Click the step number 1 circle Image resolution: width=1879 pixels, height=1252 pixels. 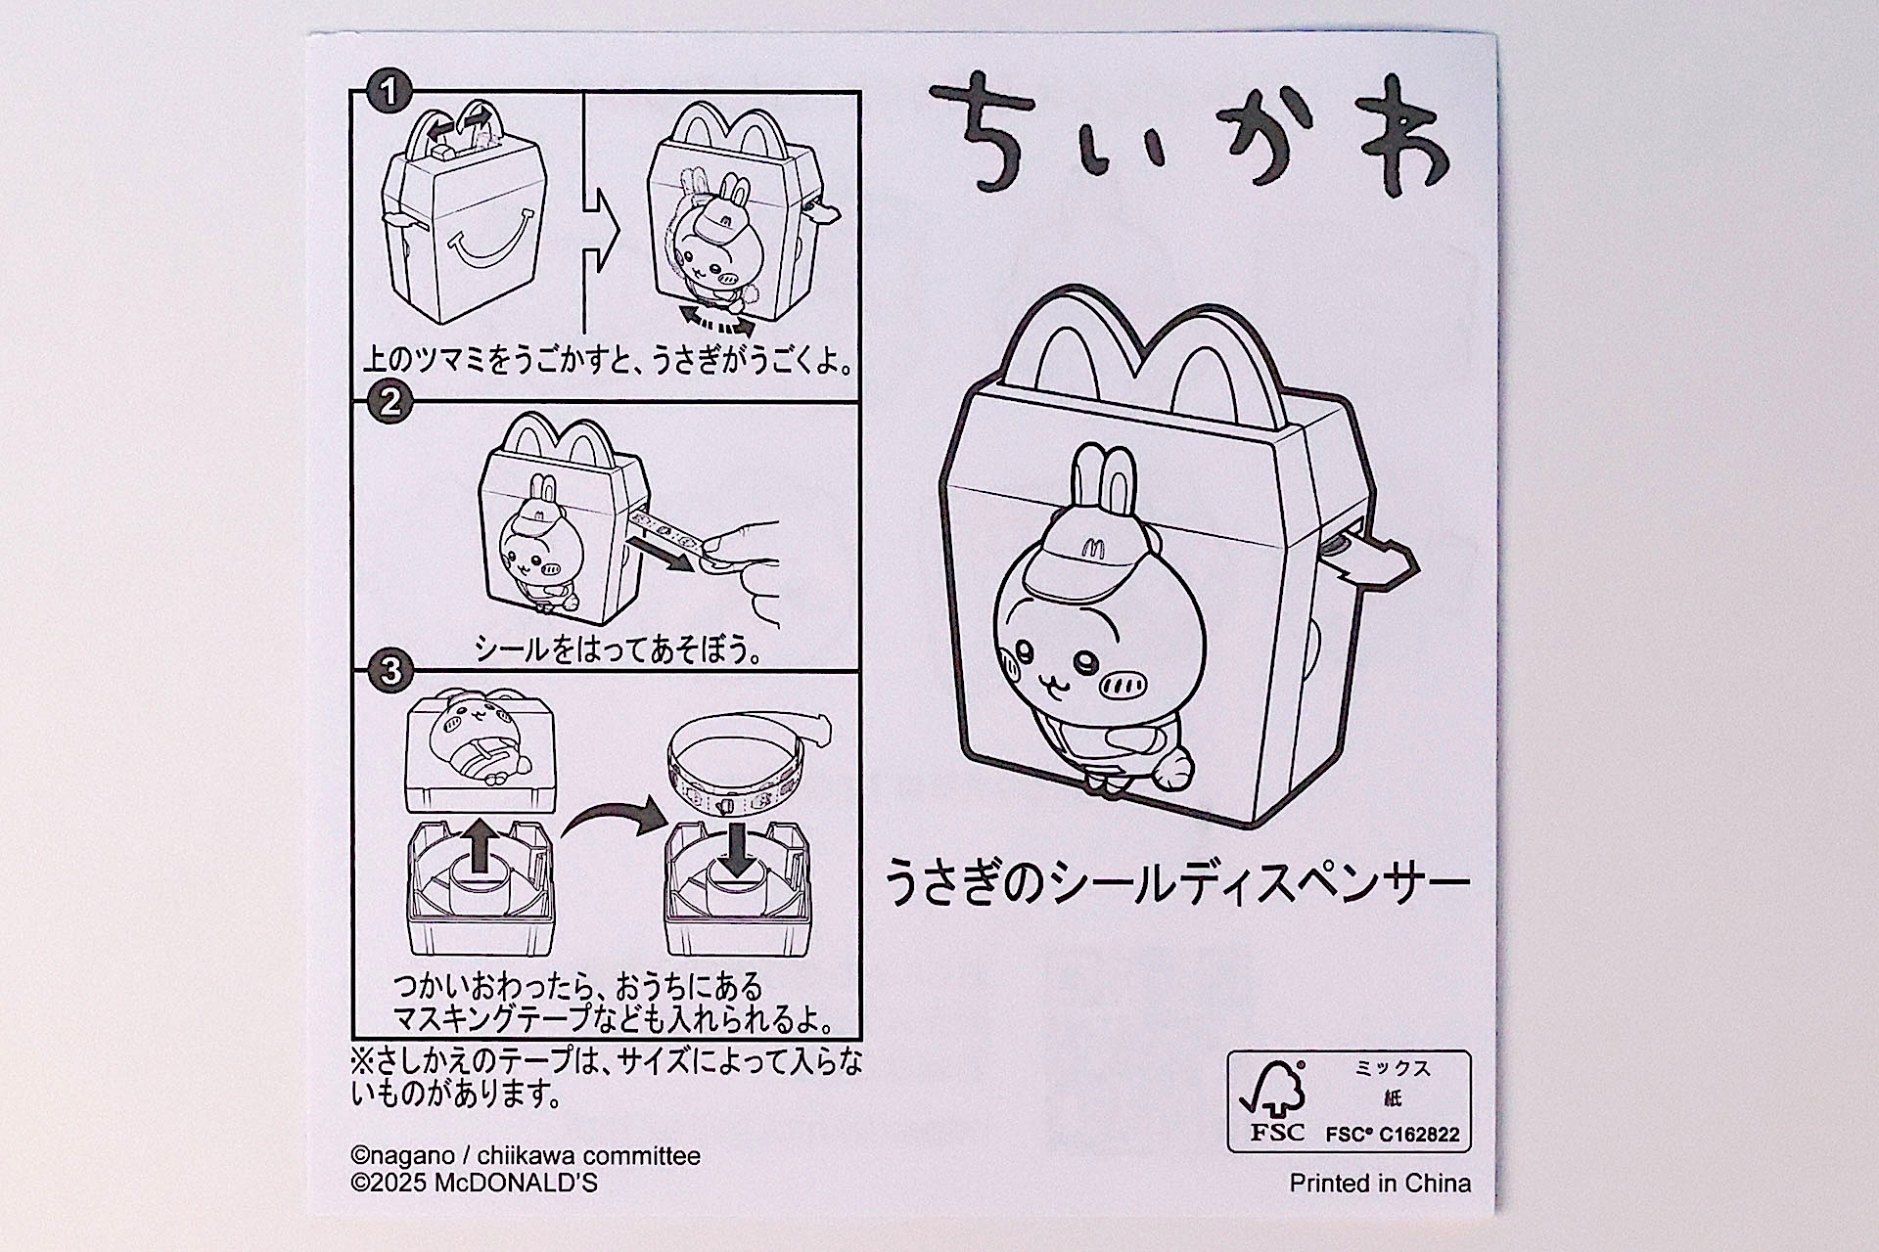click(389, 92)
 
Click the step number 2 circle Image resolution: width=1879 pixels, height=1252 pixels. click(390, 402)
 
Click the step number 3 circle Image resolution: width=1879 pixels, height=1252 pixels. click(390, 671)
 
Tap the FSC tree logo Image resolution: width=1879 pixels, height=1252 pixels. click(1274, 1089)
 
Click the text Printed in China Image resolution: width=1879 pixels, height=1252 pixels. click(1379, 1183)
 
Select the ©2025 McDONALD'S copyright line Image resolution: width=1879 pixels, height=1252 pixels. click(474, 1183)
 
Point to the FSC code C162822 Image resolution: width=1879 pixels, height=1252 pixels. click(1392, 1135)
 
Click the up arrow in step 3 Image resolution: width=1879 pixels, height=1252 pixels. click(480, 844)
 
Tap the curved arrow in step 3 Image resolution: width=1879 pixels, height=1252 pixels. click(612, 818)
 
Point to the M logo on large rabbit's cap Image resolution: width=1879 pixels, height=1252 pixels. click(1092, 548)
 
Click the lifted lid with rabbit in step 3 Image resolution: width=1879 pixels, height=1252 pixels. click(481, 753)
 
